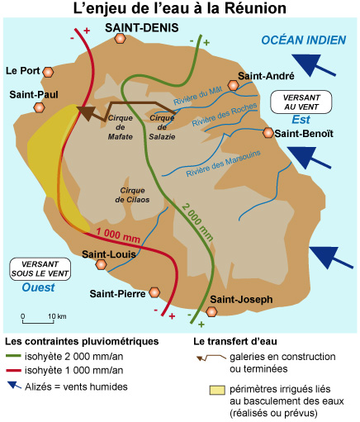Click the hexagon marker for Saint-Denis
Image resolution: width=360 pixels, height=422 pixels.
point(120,39)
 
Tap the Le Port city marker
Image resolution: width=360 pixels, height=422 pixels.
point(48,72)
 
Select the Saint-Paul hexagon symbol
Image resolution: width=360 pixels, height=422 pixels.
point(39,107)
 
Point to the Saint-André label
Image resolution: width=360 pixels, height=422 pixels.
point(266,76)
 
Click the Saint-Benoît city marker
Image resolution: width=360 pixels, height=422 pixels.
point(268,133)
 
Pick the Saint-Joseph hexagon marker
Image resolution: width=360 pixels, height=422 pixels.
point(211,311)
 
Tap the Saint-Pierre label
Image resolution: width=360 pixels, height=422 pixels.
point(117,294)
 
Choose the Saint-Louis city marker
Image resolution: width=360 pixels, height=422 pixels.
point(101,264)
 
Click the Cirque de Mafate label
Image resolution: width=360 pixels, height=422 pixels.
point(121,127)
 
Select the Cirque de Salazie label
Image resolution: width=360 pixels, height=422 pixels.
point(162,127)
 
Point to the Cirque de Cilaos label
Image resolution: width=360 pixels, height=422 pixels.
point(132,195)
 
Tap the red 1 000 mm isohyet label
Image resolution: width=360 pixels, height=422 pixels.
point(118,235)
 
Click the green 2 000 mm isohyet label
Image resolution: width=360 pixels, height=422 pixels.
point(197,222)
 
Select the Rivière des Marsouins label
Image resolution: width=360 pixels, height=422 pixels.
point(223,164)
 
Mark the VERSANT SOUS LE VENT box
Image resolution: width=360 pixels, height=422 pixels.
point(40,269)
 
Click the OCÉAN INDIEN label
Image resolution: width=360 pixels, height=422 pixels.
point(304,40)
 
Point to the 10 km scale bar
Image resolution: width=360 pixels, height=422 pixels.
point(38,321)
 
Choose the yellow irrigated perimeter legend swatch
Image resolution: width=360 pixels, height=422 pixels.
point(217,390)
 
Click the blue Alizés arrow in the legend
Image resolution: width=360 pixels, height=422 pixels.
point(14,385)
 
